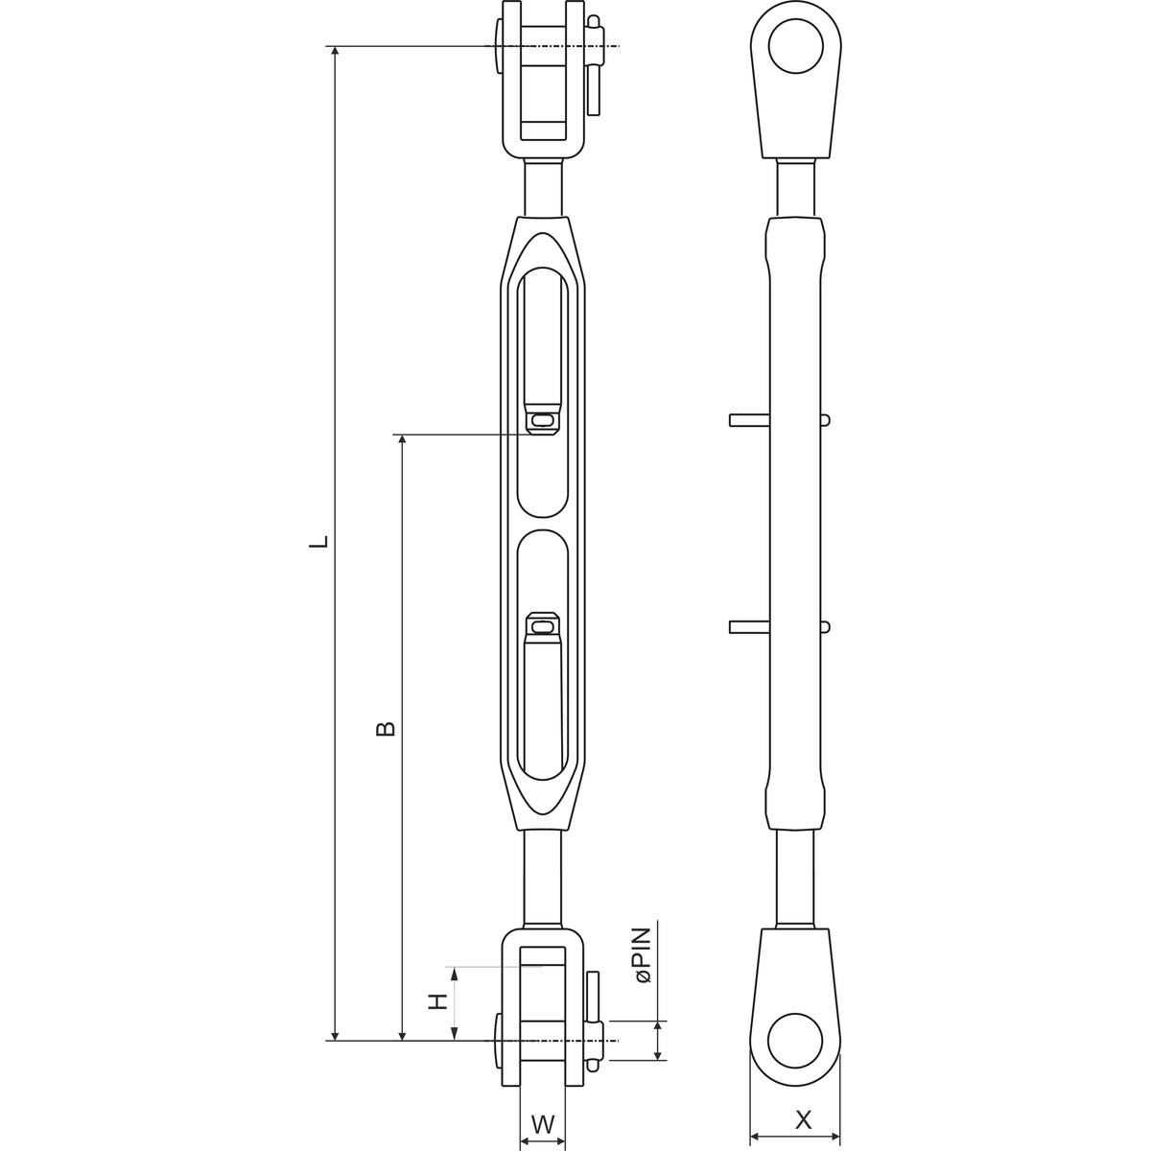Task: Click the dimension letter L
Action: point(318,541)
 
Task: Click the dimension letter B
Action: point(386,728)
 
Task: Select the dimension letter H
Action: point(437,1001)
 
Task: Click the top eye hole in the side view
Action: point(795,46)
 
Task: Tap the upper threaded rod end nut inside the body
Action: point(542,419)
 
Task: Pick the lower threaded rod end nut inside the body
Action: point(542,626)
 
